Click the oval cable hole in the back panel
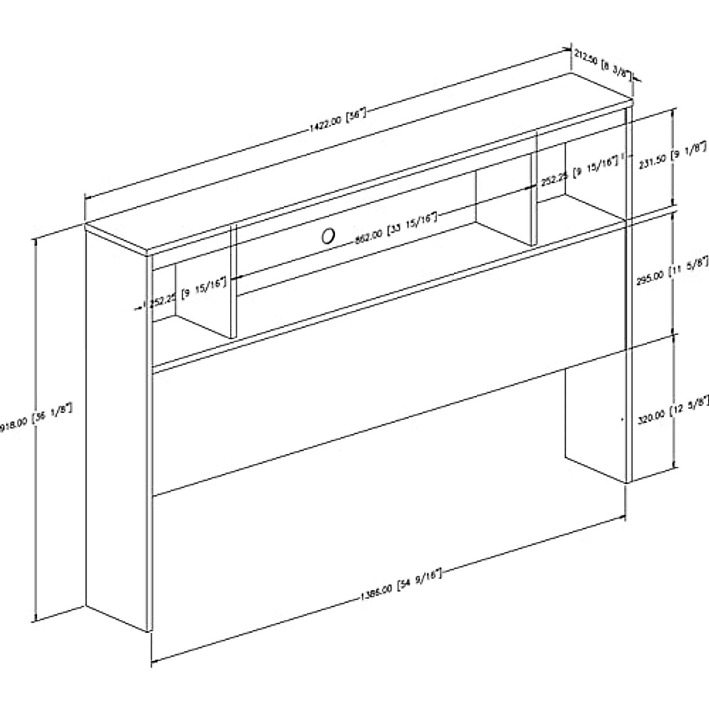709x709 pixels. pos(327,236)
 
